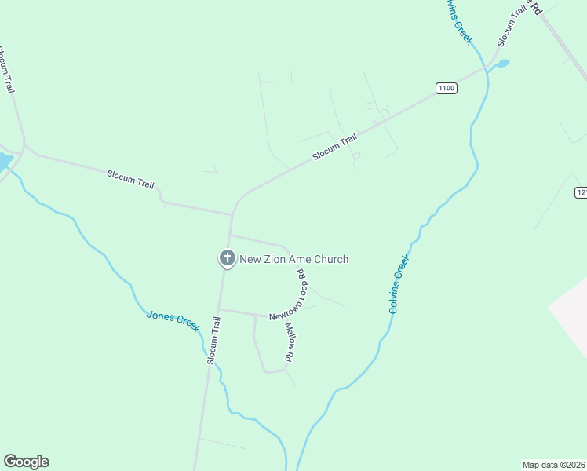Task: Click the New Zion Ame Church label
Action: tap(293, 259)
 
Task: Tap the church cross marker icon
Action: tap(226, 257)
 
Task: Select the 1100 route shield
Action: tap(446, 88)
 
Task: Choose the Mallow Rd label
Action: tap(290, 341)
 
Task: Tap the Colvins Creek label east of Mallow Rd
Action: tap(400, 283)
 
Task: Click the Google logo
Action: tap(26, 462)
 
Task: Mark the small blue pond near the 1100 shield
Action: tap(502, 63)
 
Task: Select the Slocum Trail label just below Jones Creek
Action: tap(214, 339)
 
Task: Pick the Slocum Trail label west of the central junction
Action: tap(130, 177)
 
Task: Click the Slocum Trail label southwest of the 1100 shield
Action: tap(334, 147)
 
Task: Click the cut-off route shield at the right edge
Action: tap(581, 192)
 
